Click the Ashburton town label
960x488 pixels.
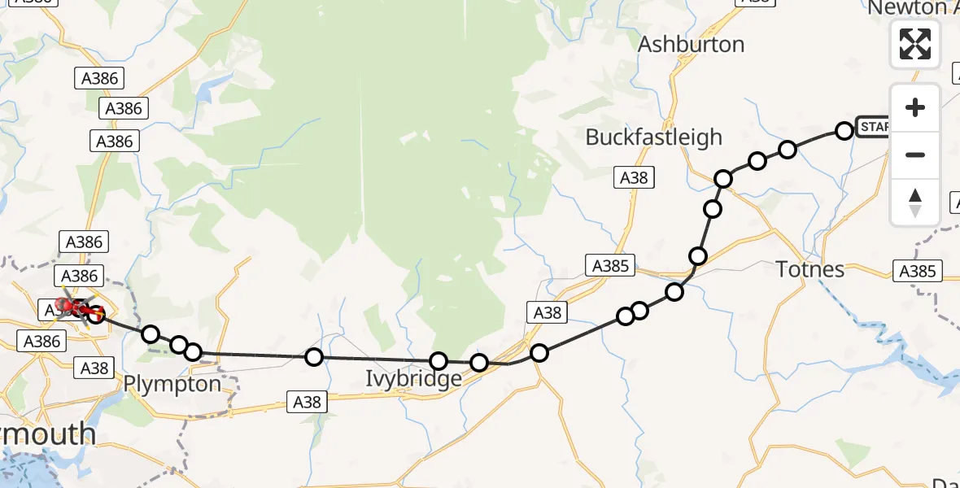(x=691, y=44)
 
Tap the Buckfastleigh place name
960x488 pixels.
(x=653, y=137)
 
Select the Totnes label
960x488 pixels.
(x=810, y=268)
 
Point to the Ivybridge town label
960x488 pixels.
(x=413, y=379)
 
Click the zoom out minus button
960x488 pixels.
(x=915, y=155)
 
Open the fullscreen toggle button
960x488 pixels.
(x=915, y=44)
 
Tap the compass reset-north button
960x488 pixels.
(x=915, y=203)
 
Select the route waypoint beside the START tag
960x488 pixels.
(x=844, y=130)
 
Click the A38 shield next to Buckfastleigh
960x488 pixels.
(x=634, y=177)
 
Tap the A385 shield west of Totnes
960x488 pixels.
(x=609, y=265)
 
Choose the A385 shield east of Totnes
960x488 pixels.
(x=918, y=271)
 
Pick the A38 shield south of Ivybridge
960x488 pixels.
(x=307, y=401)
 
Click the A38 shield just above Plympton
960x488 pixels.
(x=94, y=368)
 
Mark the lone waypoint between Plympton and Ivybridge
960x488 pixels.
(x=314, y=356)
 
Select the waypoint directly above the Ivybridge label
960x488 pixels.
(x=439, y=361)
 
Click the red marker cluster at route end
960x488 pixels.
(x=73, y=308)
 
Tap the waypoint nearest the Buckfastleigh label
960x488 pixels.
(x=723, y=179)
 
